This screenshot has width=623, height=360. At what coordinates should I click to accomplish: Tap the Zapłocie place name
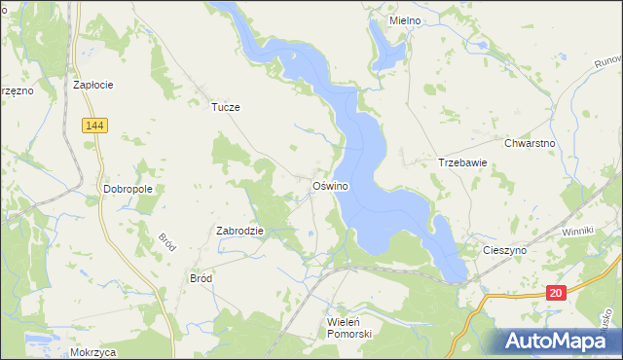click(x=93, y=85)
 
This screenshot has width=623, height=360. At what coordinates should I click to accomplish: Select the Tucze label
click(x=226, y=108)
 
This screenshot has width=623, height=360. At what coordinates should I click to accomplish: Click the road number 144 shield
click(x=94, y=126)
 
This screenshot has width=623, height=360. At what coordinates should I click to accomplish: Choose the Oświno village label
click(x=331, y=185)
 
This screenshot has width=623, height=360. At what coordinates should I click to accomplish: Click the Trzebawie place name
click(x=461, y=163)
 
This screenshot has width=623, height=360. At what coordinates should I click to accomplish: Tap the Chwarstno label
click(x=530, y=143)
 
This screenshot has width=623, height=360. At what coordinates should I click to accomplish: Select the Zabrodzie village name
click(x=240, y=232)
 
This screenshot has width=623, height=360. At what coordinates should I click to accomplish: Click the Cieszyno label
click(x=504, y=250)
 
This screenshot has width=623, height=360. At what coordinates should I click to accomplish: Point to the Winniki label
click(x=577, y=234)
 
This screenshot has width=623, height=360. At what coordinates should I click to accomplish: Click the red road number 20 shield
click(x=555, y=292)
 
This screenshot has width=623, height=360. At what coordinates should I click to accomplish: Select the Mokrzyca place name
click(x=93, y=352)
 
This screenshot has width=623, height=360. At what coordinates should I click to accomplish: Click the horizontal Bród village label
click(x=201, y=277)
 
